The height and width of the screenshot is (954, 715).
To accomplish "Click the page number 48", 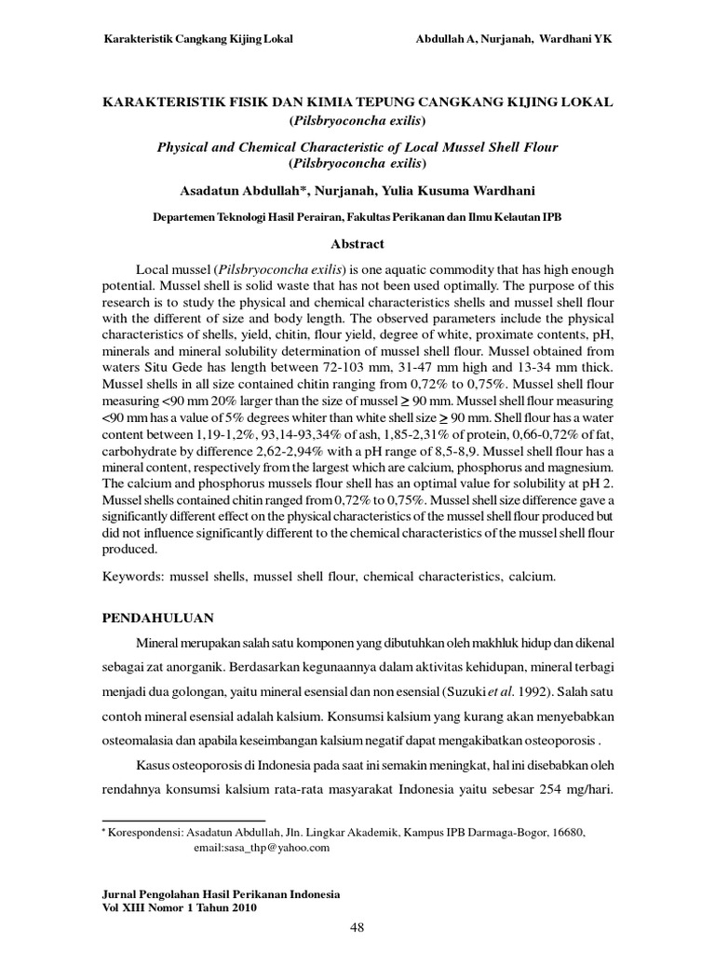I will (x=357, y=927).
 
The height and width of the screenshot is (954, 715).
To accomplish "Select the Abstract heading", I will (x=357, y=244).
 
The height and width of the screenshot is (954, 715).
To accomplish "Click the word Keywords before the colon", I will (x=132, y=578).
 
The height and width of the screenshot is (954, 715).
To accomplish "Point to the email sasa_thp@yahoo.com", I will (x=262, y=848).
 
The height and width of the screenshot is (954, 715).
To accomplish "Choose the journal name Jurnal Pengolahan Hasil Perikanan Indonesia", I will (x=220, y=893).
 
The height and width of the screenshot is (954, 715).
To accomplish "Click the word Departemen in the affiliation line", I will (x=190, y=217).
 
